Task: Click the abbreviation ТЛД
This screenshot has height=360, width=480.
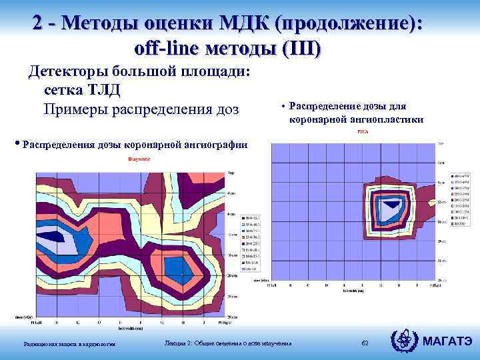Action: tap(100, 89)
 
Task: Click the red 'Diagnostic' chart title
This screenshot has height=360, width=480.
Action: tap(139, 159)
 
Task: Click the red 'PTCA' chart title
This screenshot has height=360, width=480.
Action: tap(362, 132)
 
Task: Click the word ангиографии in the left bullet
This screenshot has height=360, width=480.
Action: tap(214, 144)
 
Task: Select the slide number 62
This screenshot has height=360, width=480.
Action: tap(365, 343)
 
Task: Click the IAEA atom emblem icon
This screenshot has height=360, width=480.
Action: tap(405, 341)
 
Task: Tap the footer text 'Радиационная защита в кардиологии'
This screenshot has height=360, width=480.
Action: tap(69, 343)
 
